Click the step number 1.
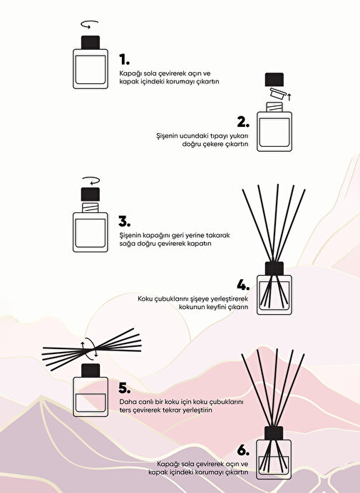[x=124, y=59]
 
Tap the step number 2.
[x=243, y=122]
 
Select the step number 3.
[x=124, y=222]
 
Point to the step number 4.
[x=243, y=285]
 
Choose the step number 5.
[x=124, y=388]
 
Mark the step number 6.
[x=243, y=450]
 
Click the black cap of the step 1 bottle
[x=91, y=43]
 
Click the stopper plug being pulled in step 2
[x=278, y=94]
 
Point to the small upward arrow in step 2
[x=289, y=96]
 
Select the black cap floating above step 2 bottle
[x=274, y=80]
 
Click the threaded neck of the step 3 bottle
[x=91, y=207]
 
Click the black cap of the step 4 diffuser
[x=274, y=269]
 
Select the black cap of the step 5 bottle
[x=91, y=370]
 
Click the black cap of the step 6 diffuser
[x=274, y=433]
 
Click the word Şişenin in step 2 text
[x=167, y=136]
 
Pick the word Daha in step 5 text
[x=126, y=402]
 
